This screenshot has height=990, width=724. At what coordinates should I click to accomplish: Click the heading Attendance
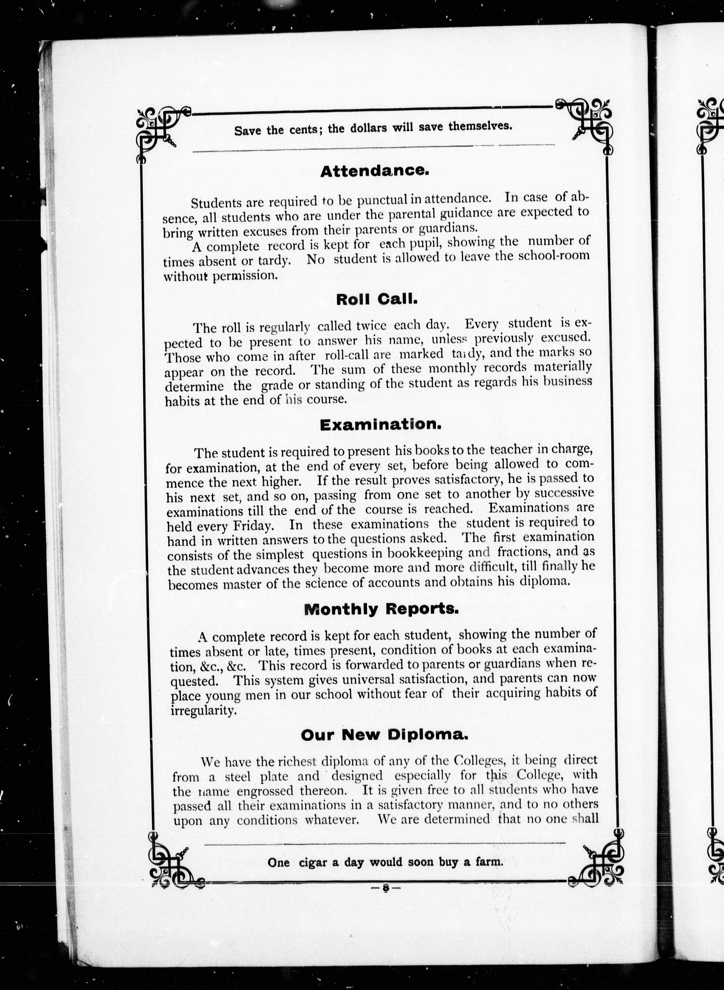coord(374,171)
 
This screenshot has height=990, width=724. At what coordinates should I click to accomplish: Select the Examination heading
coord(380,425)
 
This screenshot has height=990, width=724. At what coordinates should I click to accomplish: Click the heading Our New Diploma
coord(384,735)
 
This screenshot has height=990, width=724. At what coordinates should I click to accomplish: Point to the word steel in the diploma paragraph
coord(237,777)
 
